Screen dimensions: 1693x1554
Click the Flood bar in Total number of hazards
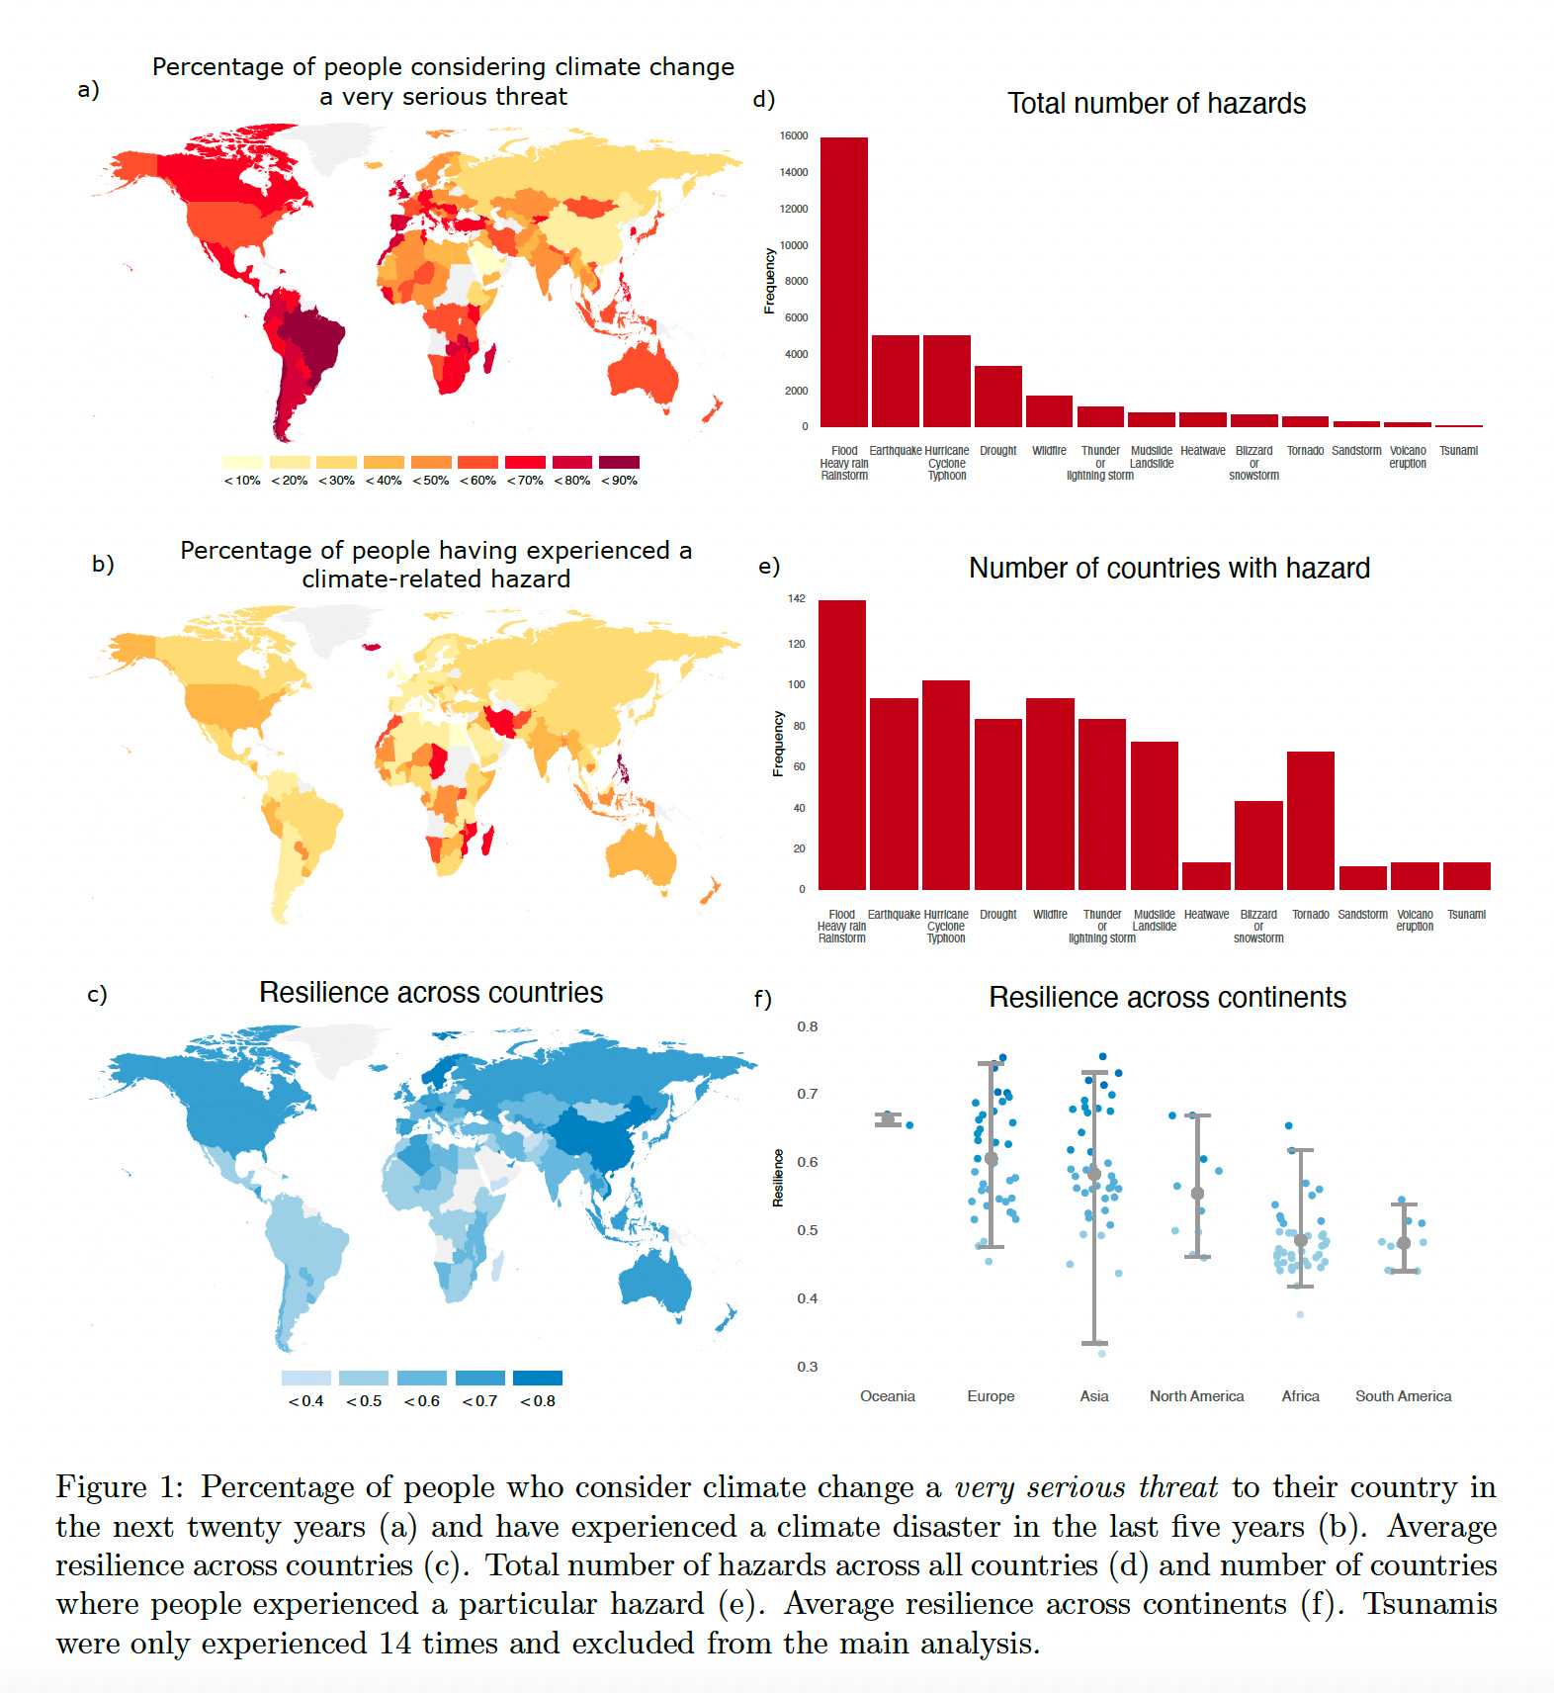[844, 282]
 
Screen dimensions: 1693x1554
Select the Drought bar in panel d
[997, 397]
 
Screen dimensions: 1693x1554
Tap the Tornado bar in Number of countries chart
[1310, 821]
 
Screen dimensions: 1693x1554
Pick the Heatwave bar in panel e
[1206, 876]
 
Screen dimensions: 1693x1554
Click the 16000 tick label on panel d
[794, 136]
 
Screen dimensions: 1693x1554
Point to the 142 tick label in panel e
[797, 599]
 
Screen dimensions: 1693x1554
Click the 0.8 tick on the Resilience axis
[808, 1026]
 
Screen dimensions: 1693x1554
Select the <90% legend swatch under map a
[619, 462]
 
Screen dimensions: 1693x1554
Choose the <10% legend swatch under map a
[242, 462]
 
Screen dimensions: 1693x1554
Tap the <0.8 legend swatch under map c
[538, 1378]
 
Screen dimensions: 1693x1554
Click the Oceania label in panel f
[888, 1396]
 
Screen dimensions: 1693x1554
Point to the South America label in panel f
[1403, 1396]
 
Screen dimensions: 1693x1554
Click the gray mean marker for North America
[1197, 1194]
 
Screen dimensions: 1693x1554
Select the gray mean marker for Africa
[1301, 1240]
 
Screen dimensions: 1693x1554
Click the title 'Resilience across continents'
[1167, 998]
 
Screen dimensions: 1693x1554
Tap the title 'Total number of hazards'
[1157, 104]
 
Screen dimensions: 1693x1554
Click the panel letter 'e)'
[769, 567]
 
